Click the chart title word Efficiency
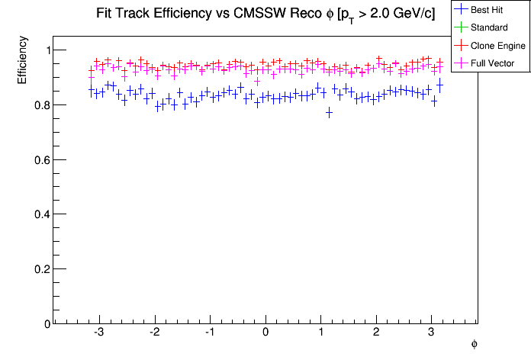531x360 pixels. [179, 14]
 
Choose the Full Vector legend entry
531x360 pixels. [493, 63]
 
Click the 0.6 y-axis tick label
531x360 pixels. [40, 160]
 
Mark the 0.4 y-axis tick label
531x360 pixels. [40, 215]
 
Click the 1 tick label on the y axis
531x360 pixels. [46, 50]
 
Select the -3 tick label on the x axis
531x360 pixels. [98, 333]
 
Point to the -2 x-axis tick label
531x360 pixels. [153, 333]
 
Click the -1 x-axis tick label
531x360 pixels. [208, 333]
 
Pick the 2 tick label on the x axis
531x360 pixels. [376, 333]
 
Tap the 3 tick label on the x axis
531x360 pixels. [431, 333]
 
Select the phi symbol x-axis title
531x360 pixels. [474, 345]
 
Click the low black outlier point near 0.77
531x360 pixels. [329, 112]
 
